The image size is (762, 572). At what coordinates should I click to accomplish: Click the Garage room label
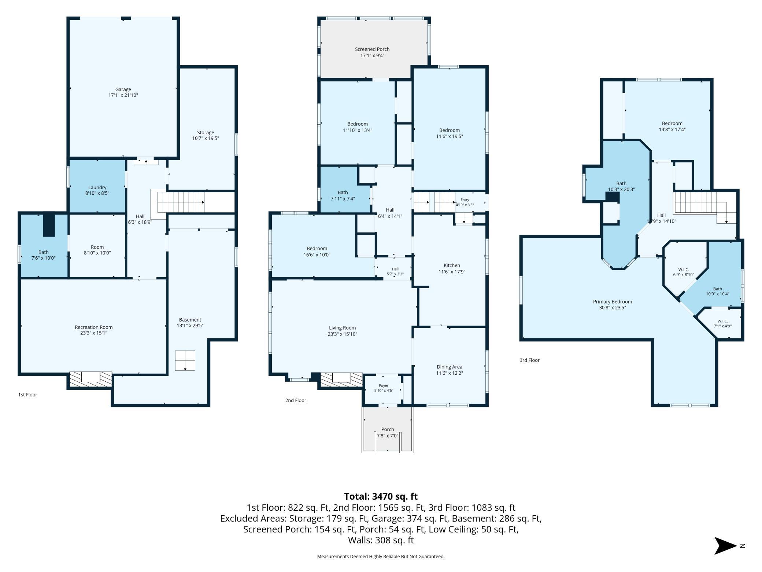pos(123,92)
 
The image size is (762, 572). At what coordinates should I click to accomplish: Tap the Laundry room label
pos(97,190)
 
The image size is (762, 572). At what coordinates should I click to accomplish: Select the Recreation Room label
pos(94,330)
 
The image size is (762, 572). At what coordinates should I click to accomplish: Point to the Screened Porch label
pos(372,52)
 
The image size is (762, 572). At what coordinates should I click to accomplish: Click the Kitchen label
pos(452,268)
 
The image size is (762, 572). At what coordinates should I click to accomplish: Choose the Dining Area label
pos(450,370)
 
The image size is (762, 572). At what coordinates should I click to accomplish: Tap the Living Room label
pos(342,331)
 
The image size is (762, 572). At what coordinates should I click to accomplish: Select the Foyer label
pos(384,388)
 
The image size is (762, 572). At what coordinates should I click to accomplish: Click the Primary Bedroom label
pos(613,304)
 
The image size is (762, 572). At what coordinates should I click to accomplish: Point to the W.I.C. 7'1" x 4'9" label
pos(723,323)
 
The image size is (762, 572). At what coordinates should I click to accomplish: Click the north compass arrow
pos(725,546)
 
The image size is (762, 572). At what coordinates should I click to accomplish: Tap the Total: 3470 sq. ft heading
pos(381,496)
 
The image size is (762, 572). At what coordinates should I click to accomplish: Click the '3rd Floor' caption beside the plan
pos(529,360)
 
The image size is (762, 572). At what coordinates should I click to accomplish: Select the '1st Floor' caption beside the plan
pos(28,395)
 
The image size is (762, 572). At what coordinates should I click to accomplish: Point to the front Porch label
pos(388,432)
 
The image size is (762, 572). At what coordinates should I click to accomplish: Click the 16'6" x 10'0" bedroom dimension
pos(317,254)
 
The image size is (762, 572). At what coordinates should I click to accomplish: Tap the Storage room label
pos(206,135)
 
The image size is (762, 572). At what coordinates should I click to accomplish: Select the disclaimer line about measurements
pos(381,556)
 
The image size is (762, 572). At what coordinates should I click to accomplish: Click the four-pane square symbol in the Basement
pos(185,360)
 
